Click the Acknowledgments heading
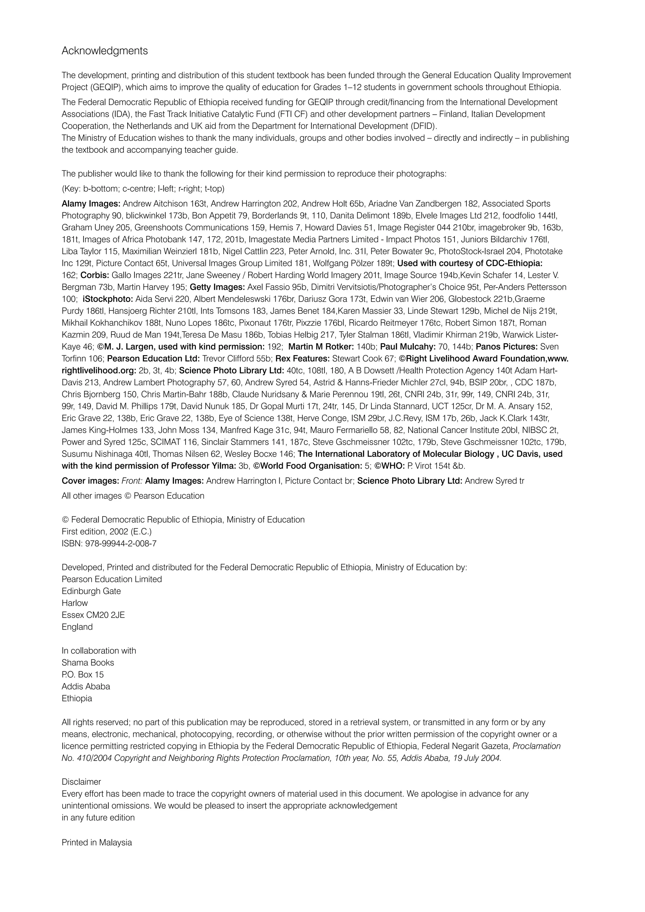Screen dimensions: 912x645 (x=105, y=51)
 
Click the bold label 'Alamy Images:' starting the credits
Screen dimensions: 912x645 (x=91, y=204)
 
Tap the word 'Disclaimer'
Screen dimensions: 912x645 (x=81, y=782)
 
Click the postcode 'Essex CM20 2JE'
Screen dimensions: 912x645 (x=93, y=615)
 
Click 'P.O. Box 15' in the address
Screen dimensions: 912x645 (x=82, y=675)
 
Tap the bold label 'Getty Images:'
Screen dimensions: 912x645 (x=217, y=287)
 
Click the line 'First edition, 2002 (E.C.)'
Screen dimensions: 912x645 (x=106, y=532)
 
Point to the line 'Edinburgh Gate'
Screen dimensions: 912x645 (x=91, y=591)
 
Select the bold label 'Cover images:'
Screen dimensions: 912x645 (x=90, y=481)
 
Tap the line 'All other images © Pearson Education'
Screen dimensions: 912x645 (x=133, y=496)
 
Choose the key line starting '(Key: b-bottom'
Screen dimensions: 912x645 (x=143, y=189)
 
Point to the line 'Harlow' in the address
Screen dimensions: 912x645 (x=75, y=603)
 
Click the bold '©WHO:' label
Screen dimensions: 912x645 (x=389, y=466)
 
